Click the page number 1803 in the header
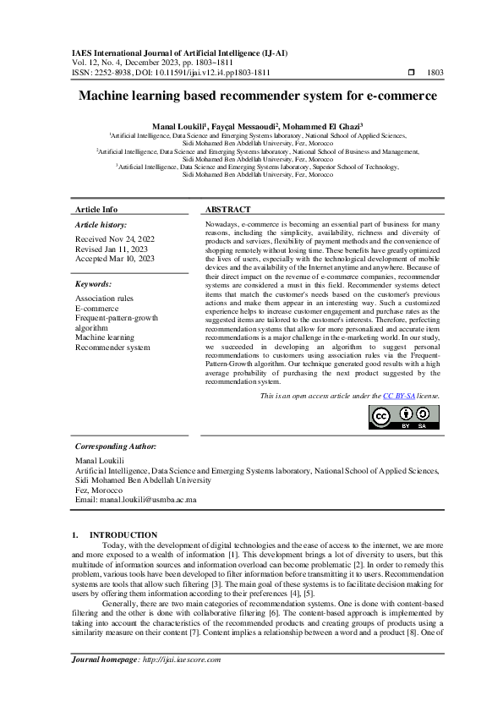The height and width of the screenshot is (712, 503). coord(435,73)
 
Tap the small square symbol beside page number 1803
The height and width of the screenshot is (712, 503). coord(411,73)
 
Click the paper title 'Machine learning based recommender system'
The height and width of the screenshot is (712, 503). coord(251,96)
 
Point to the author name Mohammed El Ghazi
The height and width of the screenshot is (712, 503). coord(322,124)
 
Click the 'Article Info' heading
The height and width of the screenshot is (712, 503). coord(96,209)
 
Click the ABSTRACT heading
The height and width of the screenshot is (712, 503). coord(228,209)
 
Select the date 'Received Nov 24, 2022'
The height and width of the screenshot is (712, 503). coord(115,239)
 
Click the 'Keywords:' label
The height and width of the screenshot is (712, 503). coord(94,284)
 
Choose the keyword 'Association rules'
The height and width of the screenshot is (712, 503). coord(104,298)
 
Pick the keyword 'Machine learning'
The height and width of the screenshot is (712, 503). coord(106,337)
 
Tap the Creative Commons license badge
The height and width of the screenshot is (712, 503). coord(404,416)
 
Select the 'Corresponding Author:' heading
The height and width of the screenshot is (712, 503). coord(116,446)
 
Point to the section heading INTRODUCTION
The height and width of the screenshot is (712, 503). coord(123,534)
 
